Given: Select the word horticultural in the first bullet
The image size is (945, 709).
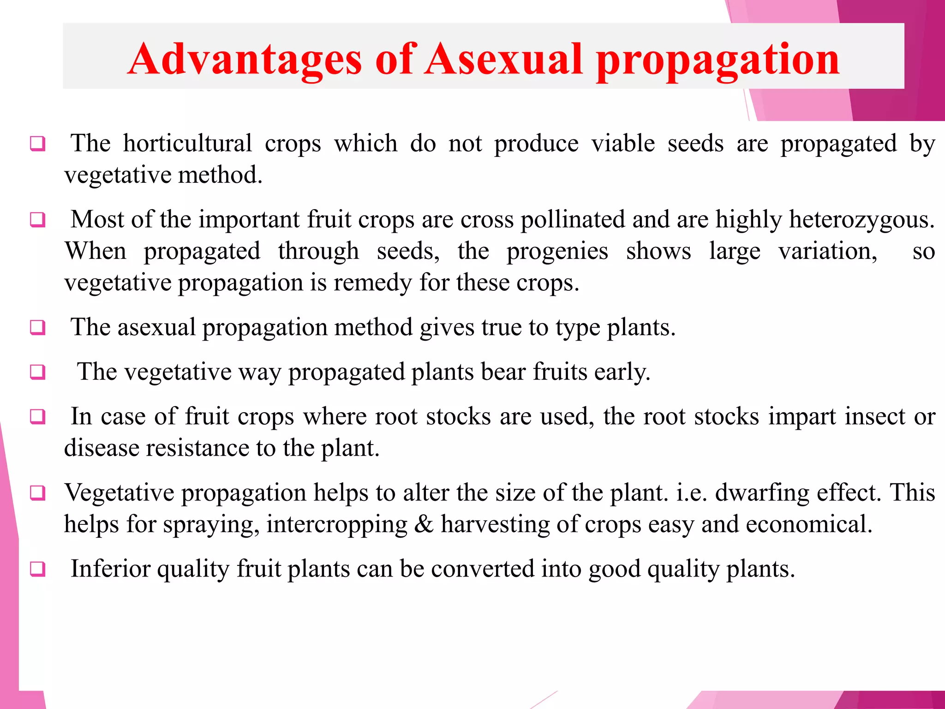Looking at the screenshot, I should click(x=187, y=143).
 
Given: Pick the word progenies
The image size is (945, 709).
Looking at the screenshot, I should click(x=557, y=252).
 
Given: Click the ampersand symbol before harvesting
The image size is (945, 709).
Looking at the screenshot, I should click(x=424, y=524).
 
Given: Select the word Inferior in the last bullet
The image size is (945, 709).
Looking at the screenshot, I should click(x=110, y=569).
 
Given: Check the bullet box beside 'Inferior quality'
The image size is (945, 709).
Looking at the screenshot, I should click(x=38, y=569).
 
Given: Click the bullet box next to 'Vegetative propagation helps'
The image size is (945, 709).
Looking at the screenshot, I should click(x=38, y=493).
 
